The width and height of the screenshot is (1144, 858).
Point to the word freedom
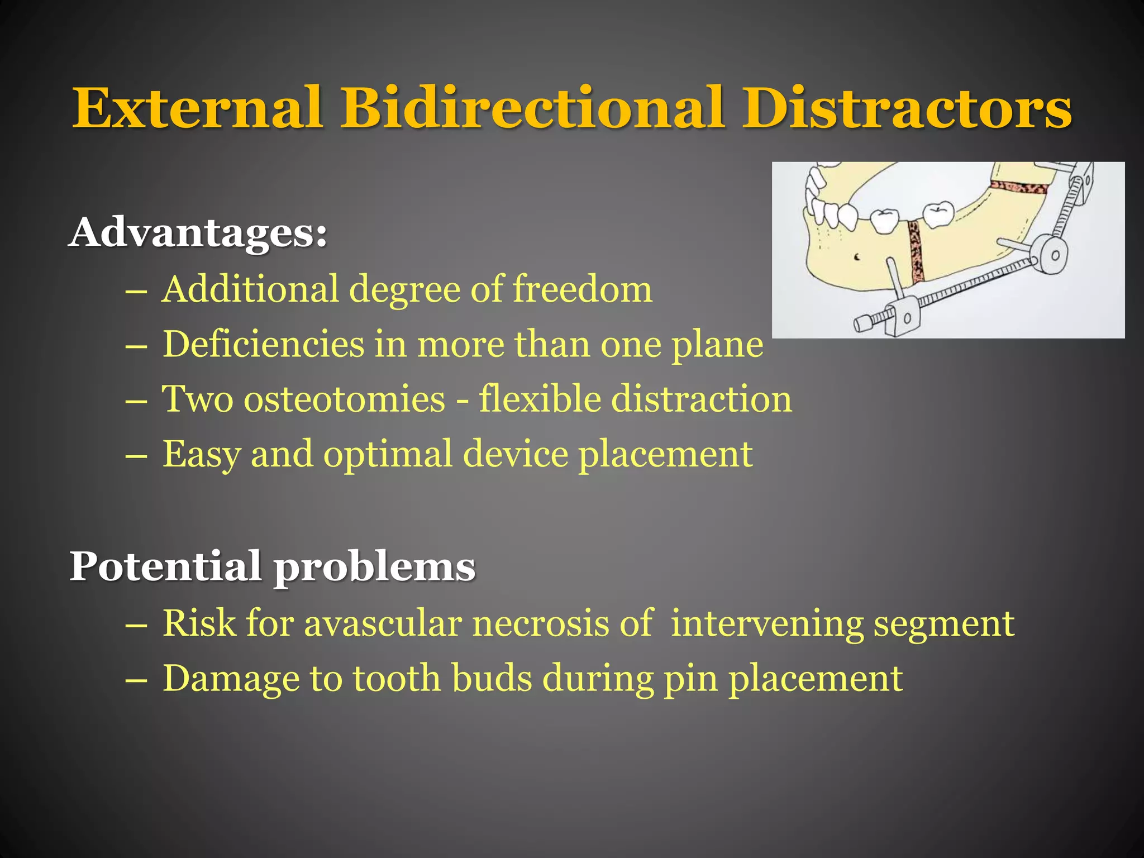click(x=582, y=289)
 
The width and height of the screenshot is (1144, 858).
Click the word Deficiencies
click(x=263, y=344)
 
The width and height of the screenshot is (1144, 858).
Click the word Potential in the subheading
click(x=165, y=566)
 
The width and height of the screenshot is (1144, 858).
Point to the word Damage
click(x=231, y=678)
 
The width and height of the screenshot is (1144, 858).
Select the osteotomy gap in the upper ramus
click(x=1018, y=188)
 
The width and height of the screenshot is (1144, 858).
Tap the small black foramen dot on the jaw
click(x=857, y=257)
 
